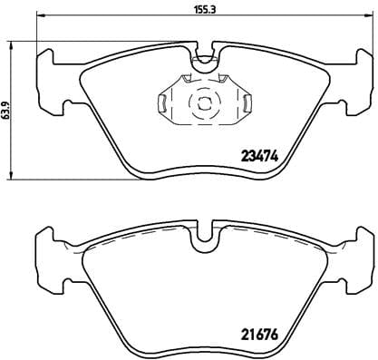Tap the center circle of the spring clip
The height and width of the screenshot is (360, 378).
click(205, 102)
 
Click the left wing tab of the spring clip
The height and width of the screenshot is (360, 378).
click(161, 103)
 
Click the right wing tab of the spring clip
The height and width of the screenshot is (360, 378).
click(248, 103)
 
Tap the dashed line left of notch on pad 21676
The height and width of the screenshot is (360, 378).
click(145, 235)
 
